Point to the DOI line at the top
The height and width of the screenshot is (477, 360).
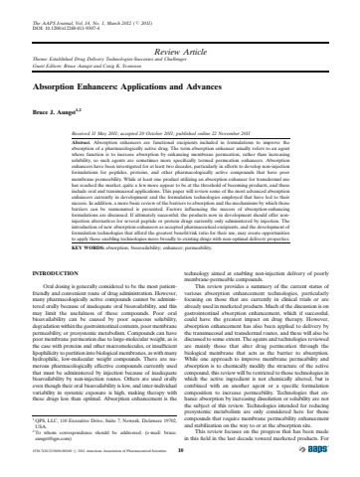click(x=70, y=15)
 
